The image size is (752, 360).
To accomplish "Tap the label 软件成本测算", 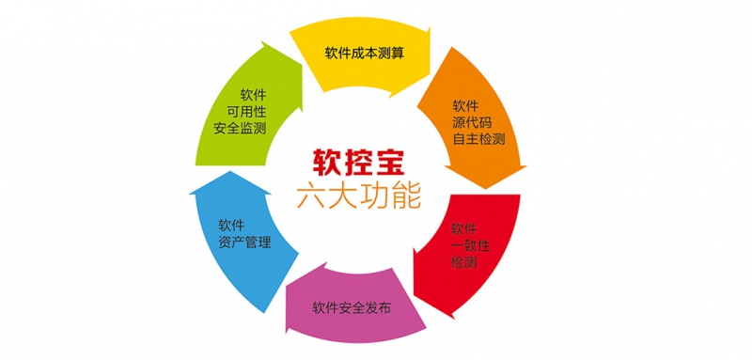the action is [366, 54].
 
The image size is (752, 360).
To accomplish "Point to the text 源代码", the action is [471, 123].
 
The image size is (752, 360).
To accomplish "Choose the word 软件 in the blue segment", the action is [232, 226].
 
